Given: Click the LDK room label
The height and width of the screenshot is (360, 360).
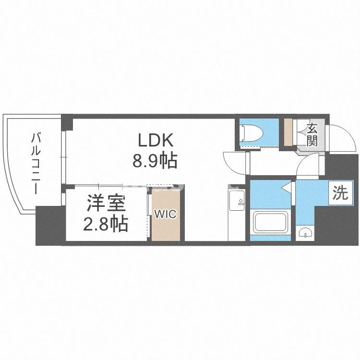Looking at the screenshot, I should pyautogui.click(x=155, y=140).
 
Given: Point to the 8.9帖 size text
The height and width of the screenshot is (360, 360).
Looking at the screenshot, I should pyautogui.click(x=155, y=160).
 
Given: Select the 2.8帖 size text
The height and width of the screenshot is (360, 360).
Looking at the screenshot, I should pyautogui.click(x=106, y=223).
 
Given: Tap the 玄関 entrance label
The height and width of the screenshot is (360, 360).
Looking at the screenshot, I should pyautogui.click(x=312, y=134).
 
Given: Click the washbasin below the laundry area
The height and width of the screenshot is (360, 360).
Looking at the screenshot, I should pyautogui.click(x=304, y=233).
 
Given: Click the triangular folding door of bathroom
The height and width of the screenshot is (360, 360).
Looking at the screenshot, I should pyautogui.click(x=287, y=187).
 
